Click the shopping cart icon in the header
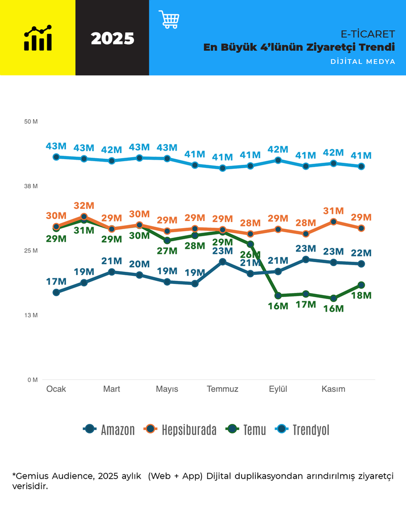pos(169,19)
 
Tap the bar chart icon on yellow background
pos(38,38)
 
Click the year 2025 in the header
pos(112,39)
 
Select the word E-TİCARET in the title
pos(368,34)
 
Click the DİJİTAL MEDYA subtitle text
pos(362,62)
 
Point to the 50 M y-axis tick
pos(31,122)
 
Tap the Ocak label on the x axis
pos(56,389)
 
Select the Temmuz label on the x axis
pos(222,389)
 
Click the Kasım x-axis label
pos(333,389)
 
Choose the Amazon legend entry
pos(109,430)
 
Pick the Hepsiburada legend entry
pos(180,430)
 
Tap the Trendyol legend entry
pos(302,430)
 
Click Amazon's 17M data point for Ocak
pos(56,293)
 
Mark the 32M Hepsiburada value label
pos(84,206)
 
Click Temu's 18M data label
pos(361,296)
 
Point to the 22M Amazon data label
pos(361,253)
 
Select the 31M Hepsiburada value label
pos(333,211)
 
